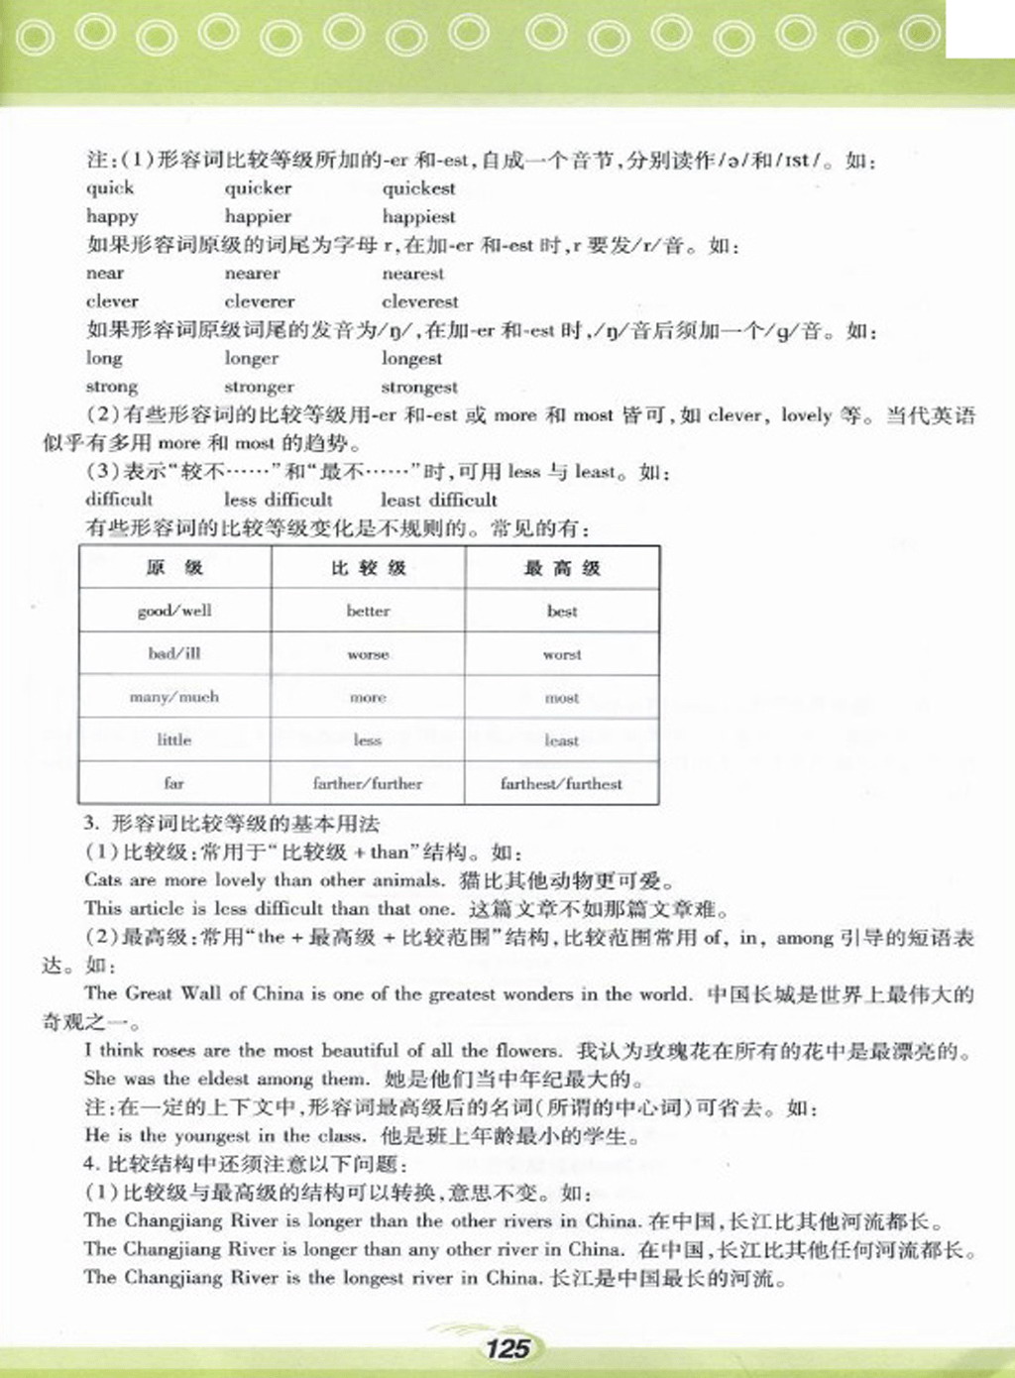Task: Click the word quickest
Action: click(x=418, y=188)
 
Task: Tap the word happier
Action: click(x=258, y=216)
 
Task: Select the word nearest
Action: click(x=413, y=274)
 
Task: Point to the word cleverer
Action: click(x=260, y=301)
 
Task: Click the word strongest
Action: click(x=419, y=387)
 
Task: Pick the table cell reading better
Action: click(x=368, y=611)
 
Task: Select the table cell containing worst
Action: click(x=562, y=654)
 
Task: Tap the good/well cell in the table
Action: click(x=174, y=611)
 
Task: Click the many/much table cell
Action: click(x=174, y=697)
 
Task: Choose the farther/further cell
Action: click(x=368, y=783)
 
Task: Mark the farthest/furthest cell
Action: click(x=562, y=783)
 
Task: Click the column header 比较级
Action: click(x=368, y=568)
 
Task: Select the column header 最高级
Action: click(x=562, y=568)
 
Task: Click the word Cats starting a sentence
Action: click(x=103, y=879)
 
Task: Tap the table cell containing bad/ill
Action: click(x=174, y=654)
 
